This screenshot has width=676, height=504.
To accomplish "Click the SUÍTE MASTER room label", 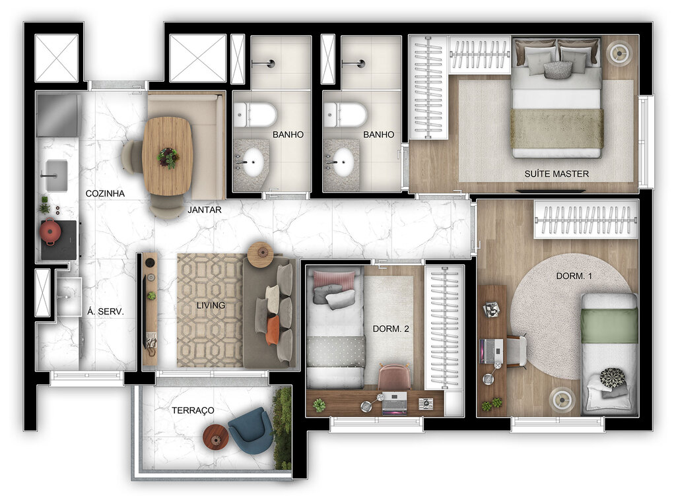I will coord(557,174).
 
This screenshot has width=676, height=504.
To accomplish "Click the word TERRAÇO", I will coord(193,410).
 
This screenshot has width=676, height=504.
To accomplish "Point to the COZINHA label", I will coord(106,194).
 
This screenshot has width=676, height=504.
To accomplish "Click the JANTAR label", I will coord(205,210).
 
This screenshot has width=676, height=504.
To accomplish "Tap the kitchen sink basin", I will coord(57,175).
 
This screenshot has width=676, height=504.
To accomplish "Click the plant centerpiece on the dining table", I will coord(168,157).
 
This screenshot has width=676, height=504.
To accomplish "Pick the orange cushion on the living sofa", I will coord(273,330).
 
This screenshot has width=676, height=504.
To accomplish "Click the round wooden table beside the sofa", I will coord(260,254).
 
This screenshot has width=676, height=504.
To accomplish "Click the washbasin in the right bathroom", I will coord(342,162).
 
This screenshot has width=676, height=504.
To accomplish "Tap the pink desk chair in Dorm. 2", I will coord(394,377).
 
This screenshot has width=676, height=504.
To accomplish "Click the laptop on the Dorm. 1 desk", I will coord(492,350).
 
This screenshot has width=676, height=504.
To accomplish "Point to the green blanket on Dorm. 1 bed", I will coord(609,326).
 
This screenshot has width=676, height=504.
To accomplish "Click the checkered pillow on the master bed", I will coord(558,69).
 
